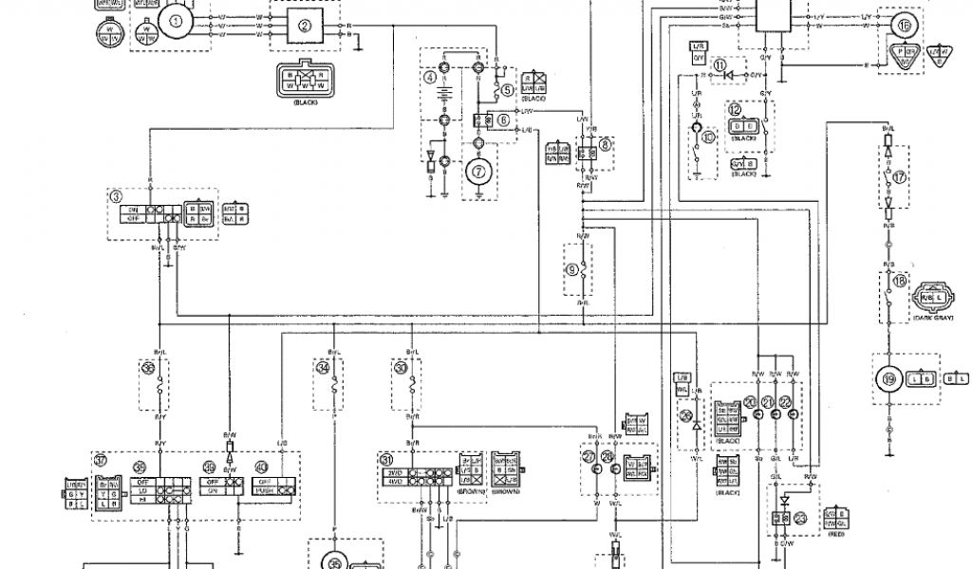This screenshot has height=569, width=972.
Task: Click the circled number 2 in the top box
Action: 305,26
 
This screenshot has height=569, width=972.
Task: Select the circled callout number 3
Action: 115,196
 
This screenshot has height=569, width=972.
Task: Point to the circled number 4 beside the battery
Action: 430,76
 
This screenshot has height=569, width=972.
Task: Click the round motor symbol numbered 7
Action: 478,172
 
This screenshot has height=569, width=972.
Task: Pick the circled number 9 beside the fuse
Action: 570,268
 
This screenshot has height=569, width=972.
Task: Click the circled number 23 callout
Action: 800,519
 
